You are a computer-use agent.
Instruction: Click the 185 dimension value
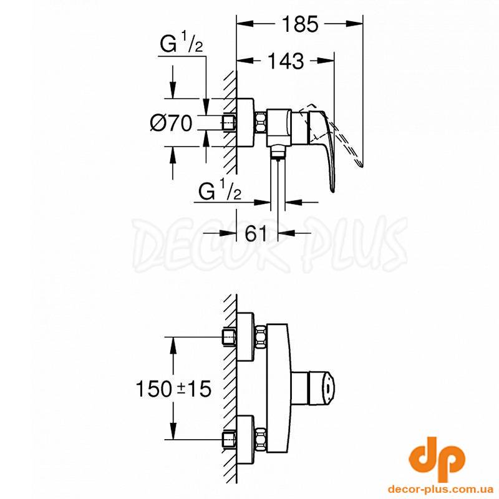pos(300,24)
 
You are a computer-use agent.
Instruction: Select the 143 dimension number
pos(286,61)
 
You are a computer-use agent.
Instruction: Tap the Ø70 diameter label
pos(171,123)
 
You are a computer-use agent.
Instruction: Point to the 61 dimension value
pos(256,234)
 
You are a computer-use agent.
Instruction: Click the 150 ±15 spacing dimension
pos(174,389)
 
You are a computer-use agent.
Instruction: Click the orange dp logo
pos(437,458)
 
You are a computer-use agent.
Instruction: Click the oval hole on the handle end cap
pos(327,388)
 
